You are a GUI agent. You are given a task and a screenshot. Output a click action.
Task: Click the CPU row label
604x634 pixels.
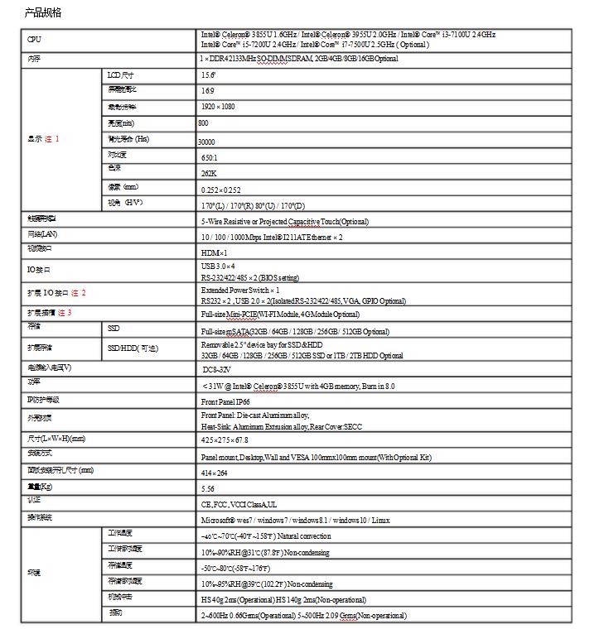coord(34,40)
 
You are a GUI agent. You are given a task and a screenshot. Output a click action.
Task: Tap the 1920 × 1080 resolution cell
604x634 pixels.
coord(218,107)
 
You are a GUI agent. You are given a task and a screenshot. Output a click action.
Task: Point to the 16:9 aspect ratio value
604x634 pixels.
coord(207,90)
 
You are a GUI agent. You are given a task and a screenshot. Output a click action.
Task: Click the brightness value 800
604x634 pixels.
coord(204,122)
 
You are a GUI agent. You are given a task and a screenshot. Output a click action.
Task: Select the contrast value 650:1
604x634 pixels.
coord(210,157)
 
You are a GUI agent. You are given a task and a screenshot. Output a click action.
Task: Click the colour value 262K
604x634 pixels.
coord(209,174)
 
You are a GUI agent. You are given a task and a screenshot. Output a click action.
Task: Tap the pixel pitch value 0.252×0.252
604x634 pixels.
coord(221,190)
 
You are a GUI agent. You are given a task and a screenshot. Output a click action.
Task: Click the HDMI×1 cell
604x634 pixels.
coord(214,252)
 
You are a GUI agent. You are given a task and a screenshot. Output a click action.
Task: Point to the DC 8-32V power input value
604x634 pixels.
coord(216,369)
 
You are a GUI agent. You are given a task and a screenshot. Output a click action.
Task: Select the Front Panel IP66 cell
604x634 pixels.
coord(225,401)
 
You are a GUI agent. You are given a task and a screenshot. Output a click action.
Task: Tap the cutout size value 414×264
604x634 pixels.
coord(214,473)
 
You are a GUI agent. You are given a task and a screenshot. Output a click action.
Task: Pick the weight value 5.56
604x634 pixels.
coord(208,488)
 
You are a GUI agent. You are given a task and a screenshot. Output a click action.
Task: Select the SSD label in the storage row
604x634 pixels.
coord(114,329)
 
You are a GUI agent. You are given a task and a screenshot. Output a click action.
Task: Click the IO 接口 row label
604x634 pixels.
coord(39,270)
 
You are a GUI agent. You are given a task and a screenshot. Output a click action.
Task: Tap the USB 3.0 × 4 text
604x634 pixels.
coord(219,266)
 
